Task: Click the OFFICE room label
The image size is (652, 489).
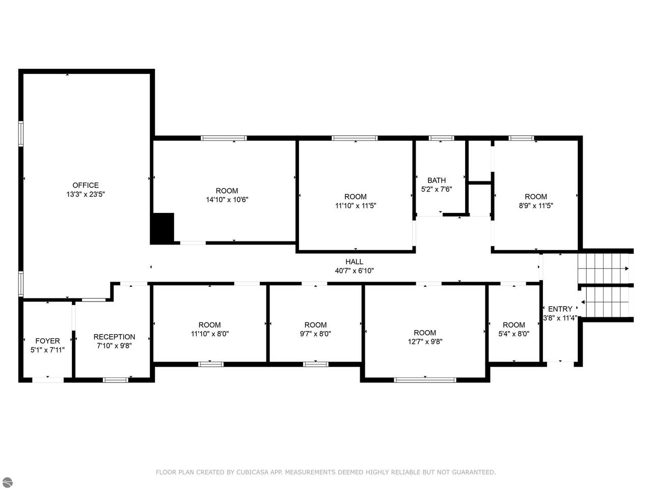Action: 86,185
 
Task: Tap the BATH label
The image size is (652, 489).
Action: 437,180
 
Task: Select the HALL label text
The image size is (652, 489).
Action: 355,262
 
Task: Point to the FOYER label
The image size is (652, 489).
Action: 47,341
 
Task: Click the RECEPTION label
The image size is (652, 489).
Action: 114,337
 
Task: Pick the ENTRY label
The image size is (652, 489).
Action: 560,309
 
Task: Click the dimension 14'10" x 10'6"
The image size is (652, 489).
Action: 227,200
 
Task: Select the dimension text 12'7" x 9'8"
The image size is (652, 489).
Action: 425,342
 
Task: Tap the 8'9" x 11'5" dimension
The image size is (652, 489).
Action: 536,206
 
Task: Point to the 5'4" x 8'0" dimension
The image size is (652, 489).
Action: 513,334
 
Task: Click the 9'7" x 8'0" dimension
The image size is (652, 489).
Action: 315,334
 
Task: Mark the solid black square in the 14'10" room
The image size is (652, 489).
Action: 162,228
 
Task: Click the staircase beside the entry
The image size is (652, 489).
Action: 605,285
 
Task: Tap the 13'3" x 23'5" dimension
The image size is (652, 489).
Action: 86,195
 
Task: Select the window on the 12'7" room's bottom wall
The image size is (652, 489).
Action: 425,379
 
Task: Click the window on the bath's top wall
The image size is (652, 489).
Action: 441,138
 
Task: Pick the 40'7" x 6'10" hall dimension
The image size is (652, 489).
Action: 355,271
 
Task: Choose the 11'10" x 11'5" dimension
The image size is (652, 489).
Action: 356,206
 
